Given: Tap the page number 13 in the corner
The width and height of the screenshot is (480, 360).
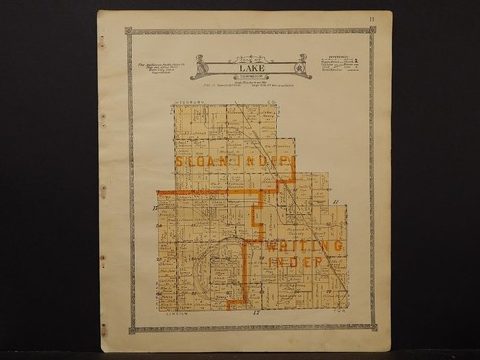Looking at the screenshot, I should coord(372,17).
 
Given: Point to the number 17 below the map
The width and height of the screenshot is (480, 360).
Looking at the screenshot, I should coord(256,314).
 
